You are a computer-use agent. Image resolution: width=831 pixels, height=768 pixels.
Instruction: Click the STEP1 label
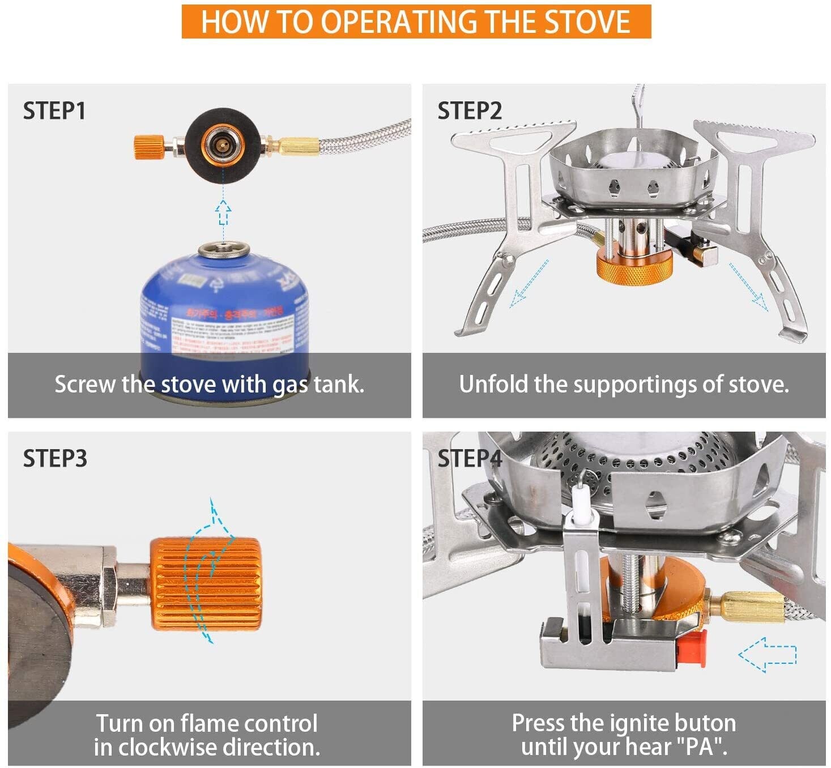tap(54, 110)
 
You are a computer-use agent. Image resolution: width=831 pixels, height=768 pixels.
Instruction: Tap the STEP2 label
tap(470, 110)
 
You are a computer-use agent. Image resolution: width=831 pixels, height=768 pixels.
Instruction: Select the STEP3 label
tap(55, 458)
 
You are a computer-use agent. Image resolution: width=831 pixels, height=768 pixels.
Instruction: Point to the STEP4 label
tap(470, 458)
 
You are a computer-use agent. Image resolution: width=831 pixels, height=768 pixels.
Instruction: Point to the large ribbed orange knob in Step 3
tap(206, 584)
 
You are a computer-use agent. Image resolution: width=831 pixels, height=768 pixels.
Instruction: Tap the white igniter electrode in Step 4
tap(581, 501)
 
